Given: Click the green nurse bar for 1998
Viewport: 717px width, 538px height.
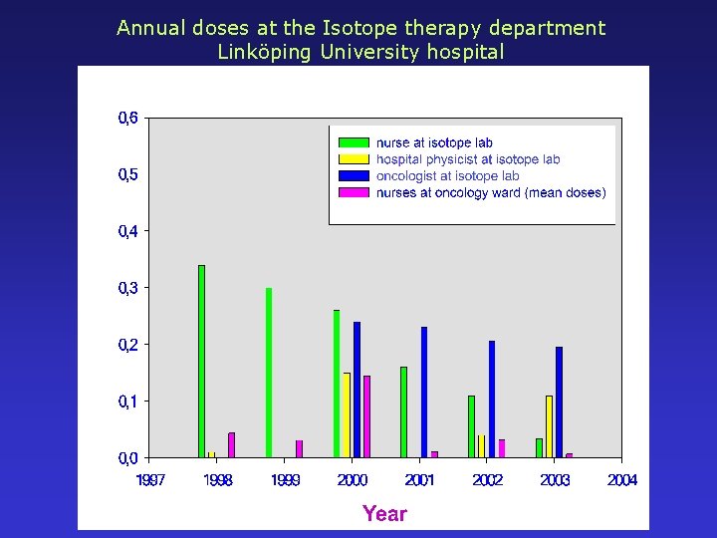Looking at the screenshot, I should [201, 362].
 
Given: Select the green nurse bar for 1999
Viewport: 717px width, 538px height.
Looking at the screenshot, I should [269, 373].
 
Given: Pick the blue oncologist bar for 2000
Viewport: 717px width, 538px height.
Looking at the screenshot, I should [357, 390].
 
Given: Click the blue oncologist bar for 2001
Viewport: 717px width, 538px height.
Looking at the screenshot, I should [424, 392].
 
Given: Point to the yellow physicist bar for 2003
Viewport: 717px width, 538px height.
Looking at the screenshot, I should [549, 426].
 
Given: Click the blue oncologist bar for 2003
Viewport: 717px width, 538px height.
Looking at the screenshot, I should [559, 402].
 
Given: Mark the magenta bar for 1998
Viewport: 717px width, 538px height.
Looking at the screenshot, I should [231, 444].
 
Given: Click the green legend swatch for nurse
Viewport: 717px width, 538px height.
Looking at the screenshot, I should [354, 142].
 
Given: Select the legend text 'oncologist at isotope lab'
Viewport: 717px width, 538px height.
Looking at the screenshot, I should [447, 176].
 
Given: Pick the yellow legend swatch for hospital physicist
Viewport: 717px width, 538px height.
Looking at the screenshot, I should [354, 159].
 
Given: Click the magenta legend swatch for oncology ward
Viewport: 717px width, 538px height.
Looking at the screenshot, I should [354, 192].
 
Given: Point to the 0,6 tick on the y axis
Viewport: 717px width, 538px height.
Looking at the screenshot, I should [128, 118].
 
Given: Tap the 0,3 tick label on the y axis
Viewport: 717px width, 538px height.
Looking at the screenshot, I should [128, 288].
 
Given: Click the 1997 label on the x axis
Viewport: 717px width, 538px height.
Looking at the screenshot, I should [150, 480].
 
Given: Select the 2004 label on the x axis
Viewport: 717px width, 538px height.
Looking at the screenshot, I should [622, 480].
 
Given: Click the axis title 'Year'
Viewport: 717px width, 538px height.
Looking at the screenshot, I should [384, 514].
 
